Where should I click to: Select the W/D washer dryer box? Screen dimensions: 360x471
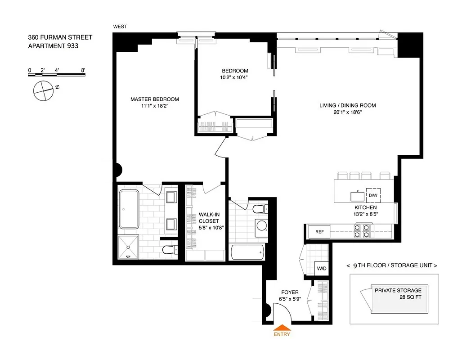pos(322,268)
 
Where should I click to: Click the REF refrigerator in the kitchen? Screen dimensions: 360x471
pos(319,232)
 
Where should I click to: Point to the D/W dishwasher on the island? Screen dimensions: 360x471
pos(373,195)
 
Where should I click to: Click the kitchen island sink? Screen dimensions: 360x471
pos(358,196)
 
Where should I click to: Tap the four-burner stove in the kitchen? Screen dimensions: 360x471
pos(362,231)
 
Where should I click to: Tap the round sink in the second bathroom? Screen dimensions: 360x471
pos(260,227)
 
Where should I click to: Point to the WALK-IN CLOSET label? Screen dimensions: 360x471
pos(208,218)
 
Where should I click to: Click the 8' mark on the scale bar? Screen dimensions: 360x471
pos(83,70)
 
